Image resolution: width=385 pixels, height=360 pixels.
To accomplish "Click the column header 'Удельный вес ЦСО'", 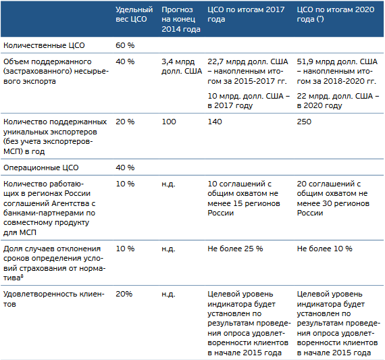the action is (134, 14).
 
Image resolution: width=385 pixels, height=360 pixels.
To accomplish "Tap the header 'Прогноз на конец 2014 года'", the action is (181, 20).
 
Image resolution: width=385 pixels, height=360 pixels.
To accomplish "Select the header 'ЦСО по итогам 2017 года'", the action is (246, 14).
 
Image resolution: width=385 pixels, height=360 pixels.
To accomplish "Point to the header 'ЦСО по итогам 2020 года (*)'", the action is (336, 14).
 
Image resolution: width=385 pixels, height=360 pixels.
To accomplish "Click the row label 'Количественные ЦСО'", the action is (44, 45).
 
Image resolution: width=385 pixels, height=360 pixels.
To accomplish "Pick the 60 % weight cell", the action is (125, 45).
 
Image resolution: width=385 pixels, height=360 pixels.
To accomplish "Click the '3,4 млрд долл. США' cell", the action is (182, 66).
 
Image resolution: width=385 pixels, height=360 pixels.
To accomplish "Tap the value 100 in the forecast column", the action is (169, 122).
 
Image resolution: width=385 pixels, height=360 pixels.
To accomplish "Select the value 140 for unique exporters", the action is (215, 122).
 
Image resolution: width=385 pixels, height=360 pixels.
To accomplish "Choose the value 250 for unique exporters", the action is (304, 122).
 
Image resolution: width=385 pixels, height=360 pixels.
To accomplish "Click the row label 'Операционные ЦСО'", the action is (41, 168).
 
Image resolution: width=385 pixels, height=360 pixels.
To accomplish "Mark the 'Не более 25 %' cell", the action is (235, 249).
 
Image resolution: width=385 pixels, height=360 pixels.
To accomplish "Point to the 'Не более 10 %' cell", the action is (324, 249).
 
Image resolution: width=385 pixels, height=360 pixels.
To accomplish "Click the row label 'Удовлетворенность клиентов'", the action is (54, 299).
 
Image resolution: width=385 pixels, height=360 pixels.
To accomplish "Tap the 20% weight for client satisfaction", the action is (124, 294).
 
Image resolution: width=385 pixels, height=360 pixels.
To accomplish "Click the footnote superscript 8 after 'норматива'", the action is (22, 276).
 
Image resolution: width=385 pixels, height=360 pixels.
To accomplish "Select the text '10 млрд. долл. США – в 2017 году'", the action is (249, 101).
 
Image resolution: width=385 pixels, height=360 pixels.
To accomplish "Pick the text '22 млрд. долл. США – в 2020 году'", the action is (338, 101).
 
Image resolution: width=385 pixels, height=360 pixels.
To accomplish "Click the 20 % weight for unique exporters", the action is (125, 122).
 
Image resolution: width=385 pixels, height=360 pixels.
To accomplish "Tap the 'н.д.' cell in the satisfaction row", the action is (168, 294).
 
